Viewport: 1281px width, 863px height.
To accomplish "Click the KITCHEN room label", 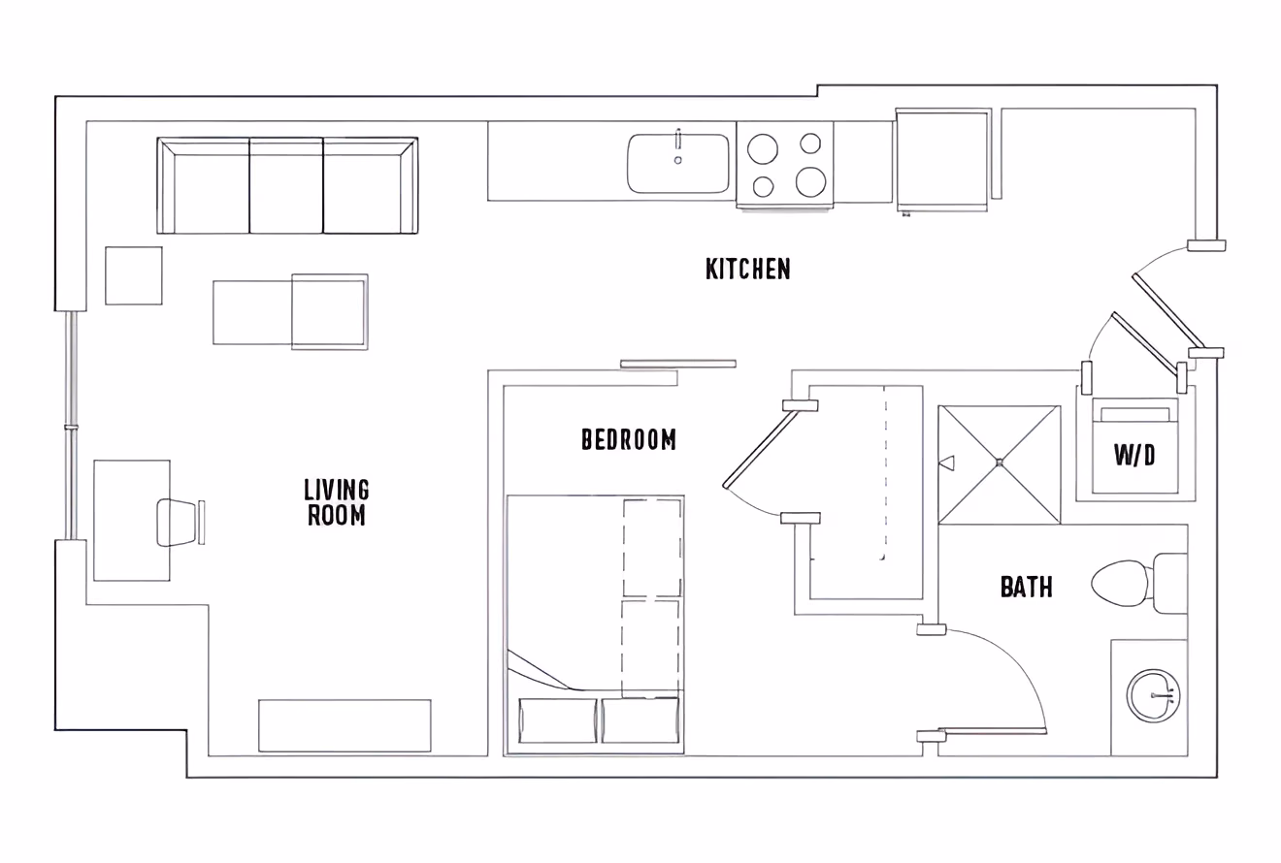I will (747, 269).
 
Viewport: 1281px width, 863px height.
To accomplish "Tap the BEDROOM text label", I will (629, 439).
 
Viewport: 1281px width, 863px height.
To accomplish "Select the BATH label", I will (1026, 587).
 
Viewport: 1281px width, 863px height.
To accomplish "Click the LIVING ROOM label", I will (337, 502).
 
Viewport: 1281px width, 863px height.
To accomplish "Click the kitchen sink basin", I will (678, 164).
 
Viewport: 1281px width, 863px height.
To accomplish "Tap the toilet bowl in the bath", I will (1120, 583).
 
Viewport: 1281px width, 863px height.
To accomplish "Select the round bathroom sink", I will (1154, 696).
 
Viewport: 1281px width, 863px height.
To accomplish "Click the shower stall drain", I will (999, 463).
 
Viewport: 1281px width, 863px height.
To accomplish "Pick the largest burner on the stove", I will (810, 181).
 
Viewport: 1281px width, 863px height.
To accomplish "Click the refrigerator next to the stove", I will (941, 158).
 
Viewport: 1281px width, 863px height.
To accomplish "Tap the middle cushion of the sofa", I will (286, 185).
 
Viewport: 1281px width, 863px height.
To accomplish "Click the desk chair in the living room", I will (177, 522).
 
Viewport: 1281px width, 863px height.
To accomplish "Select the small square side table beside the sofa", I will (134, 275).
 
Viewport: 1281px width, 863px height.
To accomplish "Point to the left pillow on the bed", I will (558, 720).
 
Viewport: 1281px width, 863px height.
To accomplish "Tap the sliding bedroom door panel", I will (677, 364).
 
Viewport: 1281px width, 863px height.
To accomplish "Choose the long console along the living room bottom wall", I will (345, 725).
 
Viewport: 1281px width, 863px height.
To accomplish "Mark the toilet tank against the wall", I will (1170, 583).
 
